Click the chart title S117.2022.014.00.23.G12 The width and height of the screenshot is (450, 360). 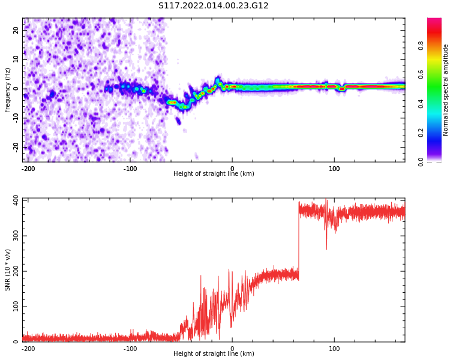click(x=214, y=6)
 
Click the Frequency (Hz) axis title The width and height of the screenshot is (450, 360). click(x=8, y=90)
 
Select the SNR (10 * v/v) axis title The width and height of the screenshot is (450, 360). click(x=8, y=270)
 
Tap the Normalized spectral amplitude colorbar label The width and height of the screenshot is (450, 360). click(x=446, y=90)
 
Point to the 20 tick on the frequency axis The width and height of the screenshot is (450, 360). click(x=16, y=30)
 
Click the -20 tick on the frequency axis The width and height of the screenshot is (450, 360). click(x=14, y=147)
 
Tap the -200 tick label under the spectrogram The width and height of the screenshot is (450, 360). click(x=28, y=168)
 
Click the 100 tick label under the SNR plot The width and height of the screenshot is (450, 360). click(x=334, y=348)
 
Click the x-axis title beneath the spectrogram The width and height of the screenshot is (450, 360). click(x=214, y=174)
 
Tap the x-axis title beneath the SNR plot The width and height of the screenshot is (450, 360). click(x=214, y=354)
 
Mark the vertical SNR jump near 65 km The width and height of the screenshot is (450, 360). click(x=299, y=240)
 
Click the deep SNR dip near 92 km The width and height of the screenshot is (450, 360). click(x=326, y=248)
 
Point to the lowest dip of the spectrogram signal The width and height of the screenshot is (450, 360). click(x=183, y=107)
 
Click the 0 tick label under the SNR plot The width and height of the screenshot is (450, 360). click(x=232, y=348)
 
